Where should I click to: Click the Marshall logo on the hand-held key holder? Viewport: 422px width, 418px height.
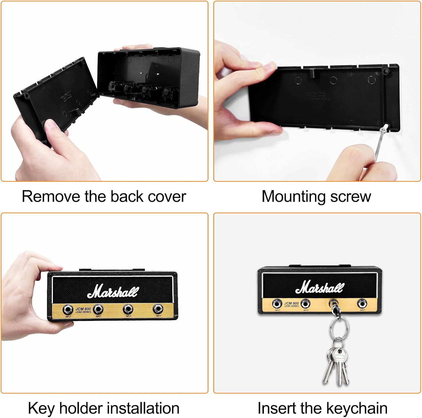pos(113,291)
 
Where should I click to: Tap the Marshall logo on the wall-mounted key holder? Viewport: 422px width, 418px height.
pos(320,287)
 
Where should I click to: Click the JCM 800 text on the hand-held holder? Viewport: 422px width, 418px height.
pos(83,309)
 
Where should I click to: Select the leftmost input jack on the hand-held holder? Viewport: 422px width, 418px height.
pos(68,309)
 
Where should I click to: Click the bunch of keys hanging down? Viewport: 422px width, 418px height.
pos(336,363)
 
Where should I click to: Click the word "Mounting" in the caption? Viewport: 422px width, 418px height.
pos(294,196)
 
